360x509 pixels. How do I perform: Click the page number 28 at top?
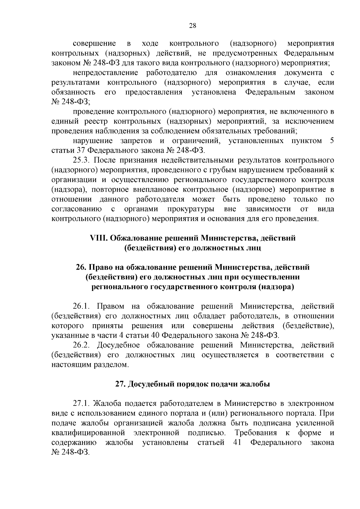[193, 26]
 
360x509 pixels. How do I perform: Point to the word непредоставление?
[105, 73]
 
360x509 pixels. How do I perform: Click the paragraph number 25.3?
[82, 160]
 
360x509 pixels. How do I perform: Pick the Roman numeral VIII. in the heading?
[99, 238]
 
